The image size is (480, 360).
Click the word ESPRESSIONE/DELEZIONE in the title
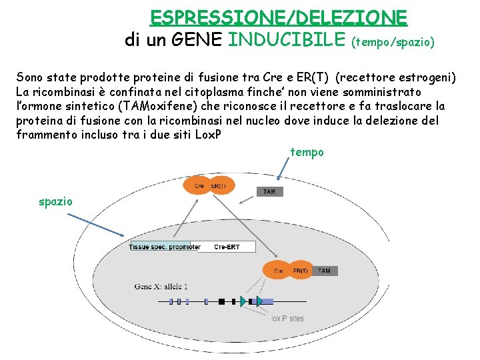pyautogui.click(x=279, y=16)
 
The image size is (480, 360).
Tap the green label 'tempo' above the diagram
pyautogui.click(x=307, y=152)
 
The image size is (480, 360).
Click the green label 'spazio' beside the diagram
pyautogui.click(x=56, y=201)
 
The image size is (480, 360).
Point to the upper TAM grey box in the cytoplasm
pyautogui.click(x=269, y=191)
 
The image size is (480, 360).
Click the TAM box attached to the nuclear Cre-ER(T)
pyautogui.click(x=324, y=271)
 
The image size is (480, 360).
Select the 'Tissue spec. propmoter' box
pyautogui.click(x=165, y=247)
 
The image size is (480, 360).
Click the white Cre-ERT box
pyautogui.click(x=227, y=247)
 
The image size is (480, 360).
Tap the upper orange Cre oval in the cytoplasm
pyautogui.click(x=198, y=185)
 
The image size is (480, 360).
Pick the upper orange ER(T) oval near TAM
pyautogui.click(x=219, y=185)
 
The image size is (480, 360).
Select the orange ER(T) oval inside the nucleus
pyautogui.click(x=301, y=271)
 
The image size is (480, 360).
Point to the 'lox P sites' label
pyautogui.click(x=287, y=318)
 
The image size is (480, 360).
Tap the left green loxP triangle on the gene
pyautogui.click(x=243, y=301)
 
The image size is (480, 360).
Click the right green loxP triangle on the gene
pyautogui.click(x=260, y=301)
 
